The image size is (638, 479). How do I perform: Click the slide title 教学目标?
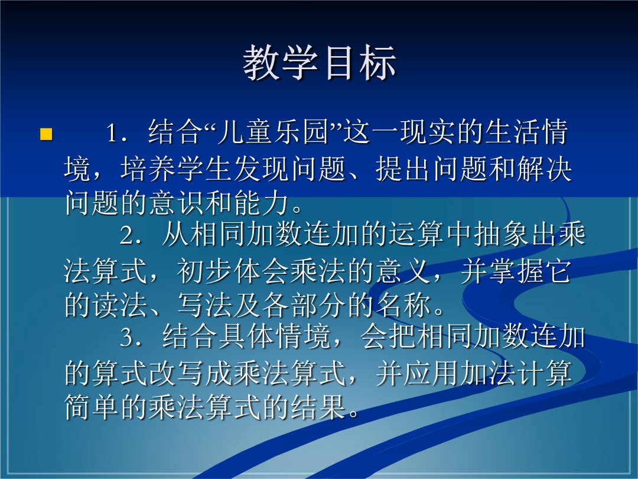click(320, 63)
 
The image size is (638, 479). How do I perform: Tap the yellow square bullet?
click(47, 134)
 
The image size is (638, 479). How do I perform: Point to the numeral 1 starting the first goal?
click(112, 133)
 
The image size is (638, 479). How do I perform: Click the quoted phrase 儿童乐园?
click(272, 132)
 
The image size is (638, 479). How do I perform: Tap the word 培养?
click(148, 169)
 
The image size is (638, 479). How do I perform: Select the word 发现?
click(262, 169)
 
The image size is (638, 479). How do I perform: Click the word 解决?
click(545, 169)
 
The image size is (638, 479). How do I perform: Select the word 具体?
click(247, 337)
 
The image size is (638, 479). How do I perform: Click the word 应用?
click(431, 373)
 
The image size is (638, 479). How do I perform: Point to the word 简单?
click(92, 407)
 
